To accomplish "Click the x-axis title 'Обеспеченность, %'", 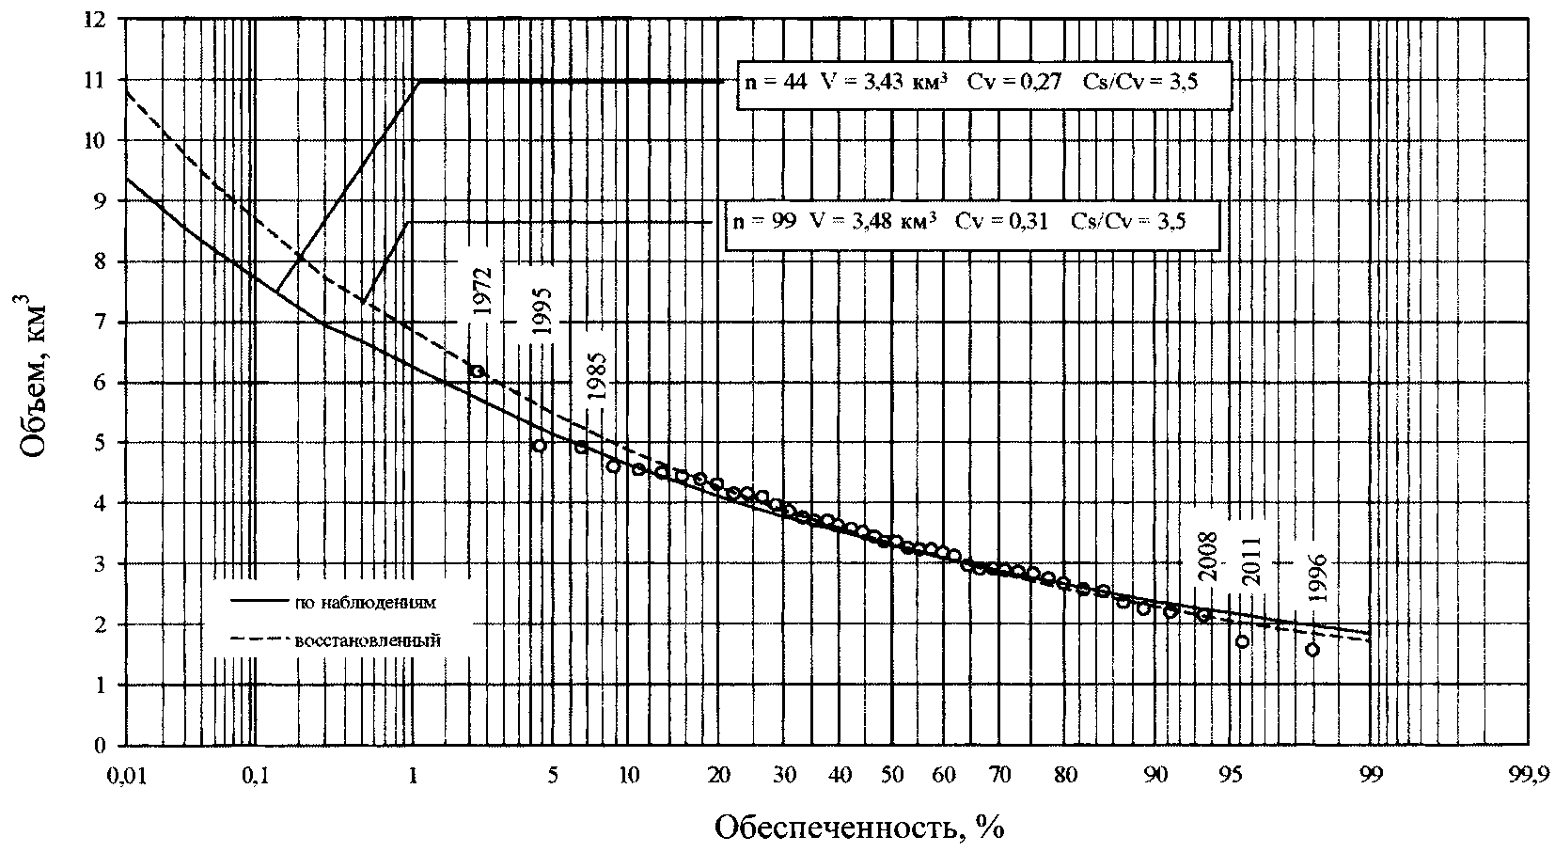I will point(855,827).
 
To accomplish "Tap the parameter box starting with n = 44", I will point(982,83).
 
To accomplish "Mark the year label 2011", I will point(1251,560).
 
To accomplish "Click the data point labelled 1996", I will point(1312,650).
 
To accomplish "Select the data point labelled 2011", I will point(1242,641).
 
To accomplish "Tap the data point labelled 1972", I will point(477,371).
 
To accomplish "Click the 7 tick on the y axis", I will point(102,323).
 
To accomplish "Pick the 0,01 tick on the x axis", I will point(124,775).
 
